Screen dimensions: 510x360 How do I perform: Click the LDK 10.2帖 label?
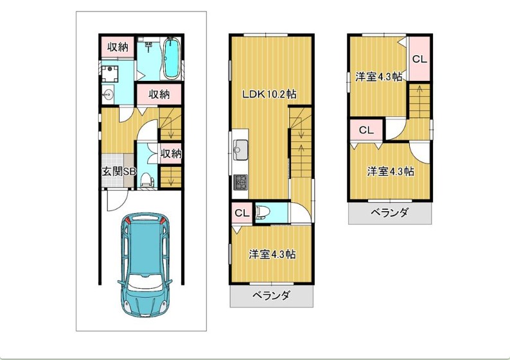tap(269, 94)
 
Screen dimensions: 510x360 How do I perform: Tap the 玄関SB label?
tap(119, 171)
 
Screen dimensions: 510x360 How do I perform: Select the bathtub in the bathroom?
tap(171, 58)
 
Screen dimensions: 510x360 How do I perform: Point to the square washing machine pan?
tap(110, 73)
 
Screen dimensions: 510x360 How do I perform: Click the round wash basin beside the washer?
tap(107, 95)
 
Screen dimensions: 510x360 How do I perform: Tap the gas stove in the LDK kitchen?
tap(240, 182)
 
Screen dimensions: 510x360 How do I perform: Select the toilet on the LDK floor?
tap(263, 212)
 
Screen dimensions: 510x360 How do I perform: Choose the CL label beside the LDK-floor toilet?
tap(242, 213)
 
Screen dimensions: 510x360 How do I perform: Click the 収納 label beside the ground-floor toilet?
tap(171, 153)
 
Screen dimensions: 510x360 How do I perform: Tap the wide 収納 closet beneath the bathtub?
tap(159, 94)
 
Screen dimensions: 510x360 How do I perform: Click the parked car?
tap(145, 265)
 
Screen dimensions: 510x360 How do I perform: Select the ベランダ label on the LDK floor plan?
tap(270, 296)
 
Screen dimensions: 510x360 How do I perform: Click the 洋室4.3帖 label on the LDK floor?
tap(272, 254)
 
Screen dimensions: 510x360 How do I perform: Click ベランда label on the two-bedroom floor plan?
tap(389, 213)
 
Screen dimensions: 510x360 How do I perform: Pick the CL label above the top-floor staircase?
tap(419, 59)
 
